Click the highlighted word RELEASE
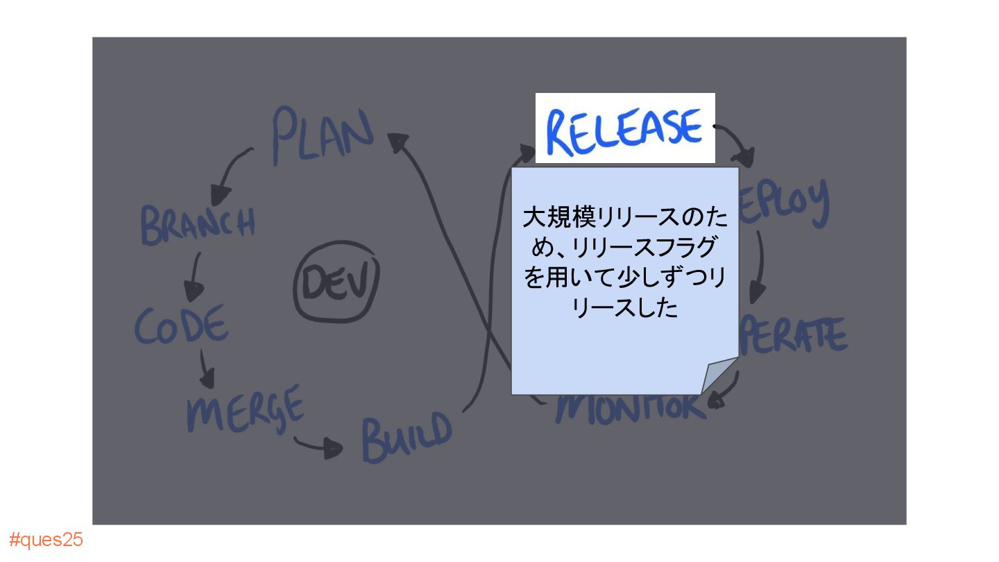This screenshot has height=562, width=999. pos(624,130)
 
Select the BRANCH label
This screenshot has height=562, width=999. pos(198,223)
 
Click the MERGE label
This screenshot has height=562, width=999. pos(245,407)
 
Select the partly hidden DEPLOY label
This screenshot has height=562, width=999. pos(784,203)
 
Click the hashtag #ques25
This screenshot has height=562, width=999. pos(46,540)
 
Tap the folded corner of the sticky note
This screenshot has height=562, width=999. pos(718,377)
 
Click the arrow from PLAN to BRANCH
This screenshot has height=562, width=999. pos(232,169)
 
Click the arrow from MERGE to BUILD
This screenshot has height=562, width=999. pos(320,445)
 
